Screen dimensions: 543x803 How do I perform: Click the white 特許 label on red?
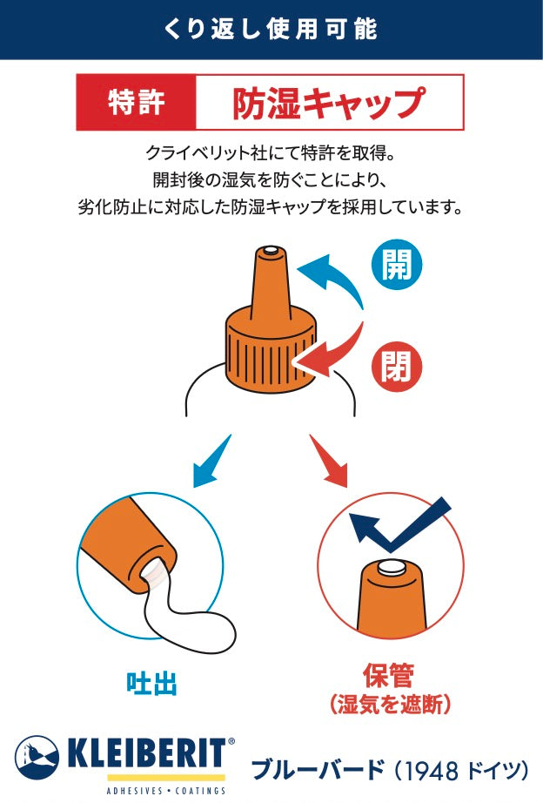point(136,102)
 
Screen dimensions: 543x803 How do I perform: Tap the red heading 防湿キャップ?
point(329,103)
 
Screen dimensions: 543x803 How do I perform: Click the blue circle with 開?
point(397,266)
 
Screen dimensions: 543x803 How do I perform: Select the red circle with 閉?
point(396,367)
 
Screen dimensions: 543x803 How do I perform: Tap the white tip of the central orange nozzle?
point(271,251)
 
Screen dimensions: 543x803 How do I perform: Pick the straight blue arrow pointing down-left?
point(211,462)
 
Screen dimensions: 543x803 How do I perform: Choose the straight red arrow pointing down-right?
point(329,462)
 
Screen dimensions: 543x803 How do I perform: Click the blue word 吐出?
point(152,684)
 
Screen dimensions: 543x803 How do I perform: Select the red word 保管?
point(389,676)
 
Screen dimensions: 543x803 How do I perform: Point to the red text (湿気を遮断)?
point(391,705)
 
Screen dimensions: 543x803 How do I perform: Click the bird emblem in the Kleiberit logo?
point(37,758)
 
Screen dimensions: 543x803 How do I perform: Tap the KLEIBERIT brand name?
point(146,754)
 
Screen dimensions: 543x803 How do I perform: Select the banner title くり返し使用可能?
point(271,30)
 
